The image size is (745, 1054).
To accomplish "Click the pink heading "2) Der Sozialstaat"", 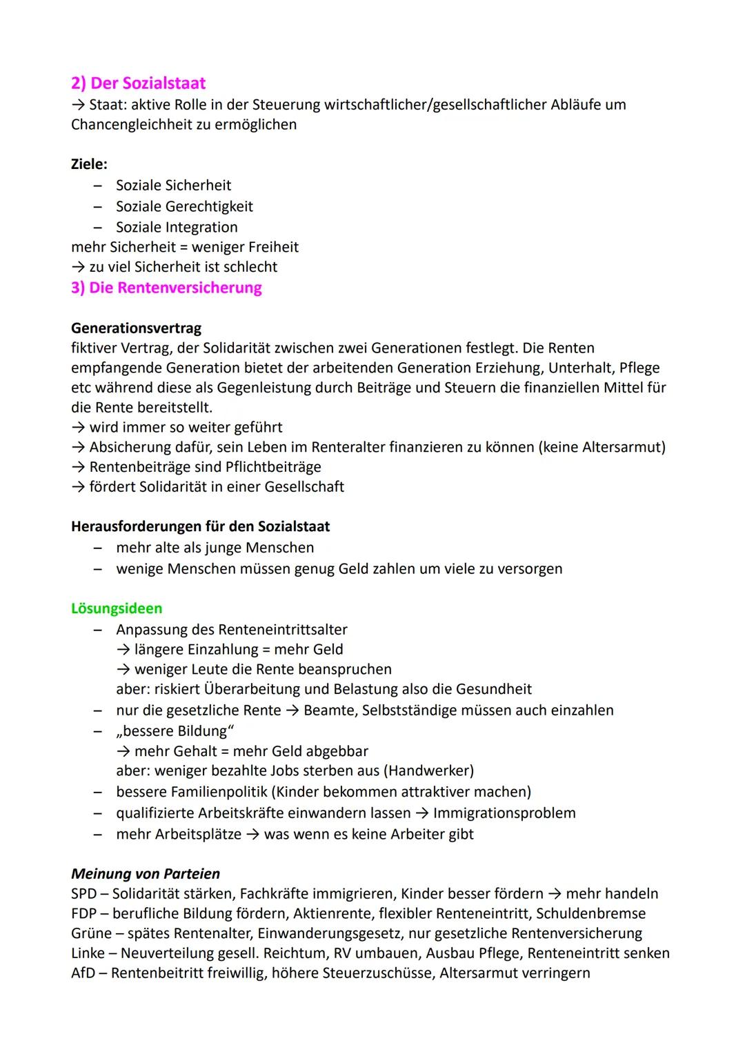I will tap(138, 83).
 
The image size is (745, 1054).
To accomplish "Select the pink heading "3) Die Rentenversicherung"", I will tap(166, 288).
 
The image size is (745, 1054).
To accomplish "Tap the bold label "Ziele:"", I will tap(89, 164).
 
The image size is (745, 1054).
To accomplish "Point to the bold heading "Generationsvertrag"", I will tap(136, 328).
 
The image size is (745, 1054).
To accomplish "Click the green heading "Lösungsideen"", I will tap(117, 608).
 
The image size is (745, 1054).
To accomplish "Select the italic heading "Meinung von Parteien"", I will tap(145, 873).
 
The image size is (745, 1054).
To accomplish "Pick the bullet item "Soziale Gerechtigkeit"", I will tap(184, 206).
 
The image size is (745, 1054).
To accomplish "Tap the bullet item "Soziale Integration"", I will tap(177, 227).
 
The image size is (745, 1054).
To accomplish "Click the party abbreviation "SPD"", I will tap(83, 893).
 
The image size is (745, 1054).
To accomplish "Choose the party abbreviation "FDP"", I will tap(83, 913).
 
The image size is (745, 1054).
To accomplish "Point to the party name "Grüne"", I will tap(91, 933).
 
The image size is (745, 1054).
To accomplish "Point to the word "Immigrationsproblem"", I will tap(504, 813).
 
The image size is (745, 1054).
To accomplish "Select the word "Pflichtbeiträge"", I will tap(273, 467).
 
